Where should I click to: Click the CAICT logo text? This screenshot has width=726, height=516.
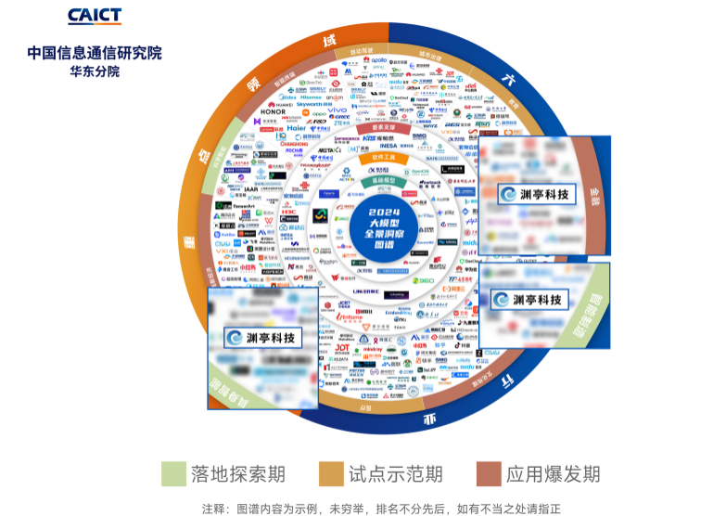(x=94, y=17)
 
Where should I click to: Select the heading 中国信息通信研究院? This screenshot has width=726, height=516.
(x=94, y=53)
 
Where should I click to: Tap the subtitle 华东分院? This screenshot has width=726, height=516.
(x=94, y=71)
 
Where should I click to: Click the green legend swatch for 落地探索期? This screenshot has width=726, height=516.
(x=173, y=473)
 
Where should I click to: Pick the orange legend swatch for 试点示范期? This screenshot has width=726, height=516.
(x=331, y=473)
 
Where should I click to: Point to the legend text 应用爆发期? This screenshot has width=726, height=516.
(x=554, y=473)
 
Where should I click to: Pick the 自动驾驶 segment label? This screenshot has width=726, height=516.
(x=362, y=50)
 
